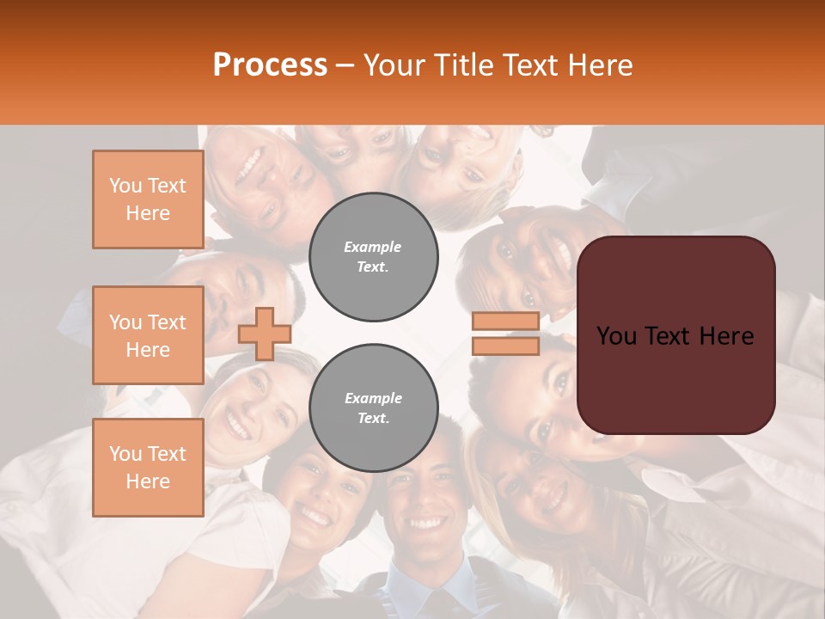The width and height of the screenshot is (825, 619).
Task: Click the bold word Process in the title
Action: (270, 65)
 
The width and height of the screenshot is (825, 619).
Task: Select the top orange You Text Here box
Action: (148, 199)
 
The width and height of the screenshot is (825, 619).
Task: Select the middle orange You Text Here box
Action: (148, 335)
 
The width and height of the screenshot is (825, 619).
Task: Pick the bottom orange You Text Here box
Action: (148, 468)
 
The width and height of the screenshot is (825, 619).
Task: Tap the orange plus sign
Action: (264, 334)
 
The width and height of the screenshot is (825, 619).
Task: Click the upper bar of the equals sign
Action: (505, 322)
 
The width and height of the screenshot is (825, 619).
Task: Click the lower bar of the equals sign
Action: (505, 346)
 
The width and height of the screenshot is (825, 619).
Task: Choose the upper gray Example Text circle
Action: (373, 257)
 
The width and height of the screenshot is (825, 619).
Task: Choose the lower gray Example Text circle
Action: (373, 408)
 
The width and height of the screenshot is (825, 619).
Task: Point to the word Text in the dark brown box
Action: (675, 336)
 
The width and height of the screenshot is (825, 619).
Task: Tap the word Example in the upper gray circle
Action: (373, 247)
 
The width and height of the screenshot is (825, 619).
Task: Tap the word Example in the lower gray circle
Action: (373, 398)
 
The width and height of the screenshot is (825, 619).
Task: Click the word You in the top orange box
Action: (125, 186)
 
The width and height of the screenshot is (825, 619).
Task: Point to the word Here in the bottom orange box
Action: (148, 481)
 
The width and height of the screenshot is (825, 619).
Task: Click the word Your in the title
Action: (396, 65)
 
